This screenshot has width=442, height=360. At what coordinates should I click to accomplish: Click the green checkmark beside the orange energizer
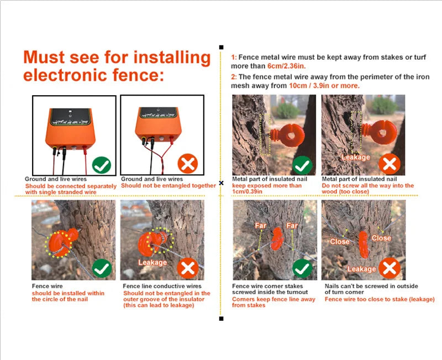(102, 165)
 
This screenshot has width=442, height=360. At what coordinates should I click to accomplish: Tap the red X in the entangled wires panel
(188, 163)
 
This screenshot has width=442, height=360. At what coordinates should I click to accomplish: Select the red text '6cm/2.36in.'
(286, 66)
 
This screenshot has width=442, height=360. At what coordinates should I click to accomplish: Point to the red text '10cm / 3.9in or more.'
(324, 86)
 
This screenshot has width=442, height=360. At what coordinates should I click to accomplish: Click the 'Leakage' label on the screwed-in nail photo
(356, 157)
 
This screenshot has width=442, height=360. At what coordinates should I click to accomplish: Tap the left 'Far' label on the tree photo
(260, 226)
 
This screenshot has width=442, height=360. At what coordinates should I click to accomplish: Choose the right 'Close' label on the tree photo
(381, 238)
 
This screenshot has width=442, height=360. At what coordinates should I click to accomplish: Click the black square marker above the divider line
(222, 47)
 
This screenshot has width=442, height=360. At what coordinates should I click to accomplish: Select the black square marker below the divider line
(222, 319)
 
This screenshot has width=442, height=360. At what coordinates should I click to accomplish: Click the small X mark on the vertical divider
(222, 183)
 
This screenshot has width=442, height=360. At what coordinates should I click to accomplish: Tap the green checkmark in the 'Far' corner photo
(302, 269)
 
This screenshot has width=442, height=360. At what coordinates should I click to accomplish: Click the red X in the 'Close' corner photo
(390, 268)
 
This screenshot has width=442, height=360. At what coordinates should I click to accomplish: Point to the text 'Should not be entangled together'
(169, 186)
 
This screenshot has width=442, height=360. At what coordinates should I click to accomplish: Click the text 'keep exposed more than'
(267, 186)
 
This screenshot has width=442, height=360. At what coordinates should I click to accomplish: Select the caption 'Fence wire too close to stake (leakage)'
(380, 299)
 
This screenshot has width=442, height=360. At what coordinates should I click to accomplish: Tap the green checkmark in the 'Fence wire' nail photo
(102, 269)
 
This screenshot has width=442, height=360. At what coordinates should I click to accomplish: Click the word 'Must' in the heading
(44, 57)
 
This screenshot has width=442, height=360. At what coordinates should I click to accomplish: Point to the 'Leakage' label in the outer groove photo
(152, 262)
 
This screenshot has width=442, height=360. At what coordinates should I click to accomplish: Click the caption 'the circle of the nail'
(60, 299)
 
